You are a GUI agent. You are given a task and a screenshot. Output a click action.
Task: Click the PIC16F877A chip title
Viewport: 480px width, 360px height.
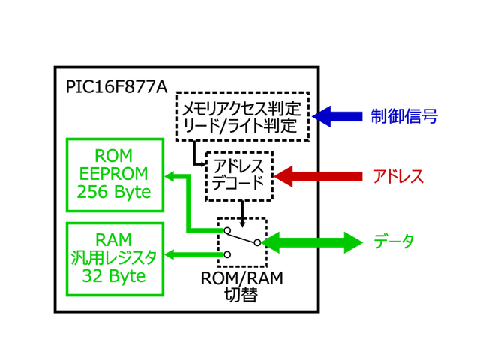(115, 85)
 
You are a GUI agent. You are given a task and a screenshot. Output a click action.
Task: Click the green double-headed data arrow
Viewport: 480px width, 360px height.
(312, 242)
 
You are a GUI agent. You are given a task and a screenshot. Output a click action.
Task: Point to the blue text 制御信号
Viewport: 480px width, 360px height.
(403, 116)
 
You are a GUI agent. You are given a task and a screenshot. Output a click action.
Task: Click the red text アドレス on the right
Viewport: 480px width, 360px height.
(398, 177)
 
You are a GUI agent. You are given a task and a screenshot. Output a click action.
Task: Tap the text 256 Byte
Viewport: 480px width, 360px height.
(115, 193)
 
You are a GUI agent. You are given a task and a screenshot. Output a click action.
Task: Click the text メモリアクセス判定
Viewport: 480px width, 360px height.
(242, 107)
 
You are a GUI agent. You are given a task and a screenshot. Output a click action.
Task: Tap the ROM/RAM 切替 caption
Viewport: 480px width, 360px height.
(241, 286)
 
